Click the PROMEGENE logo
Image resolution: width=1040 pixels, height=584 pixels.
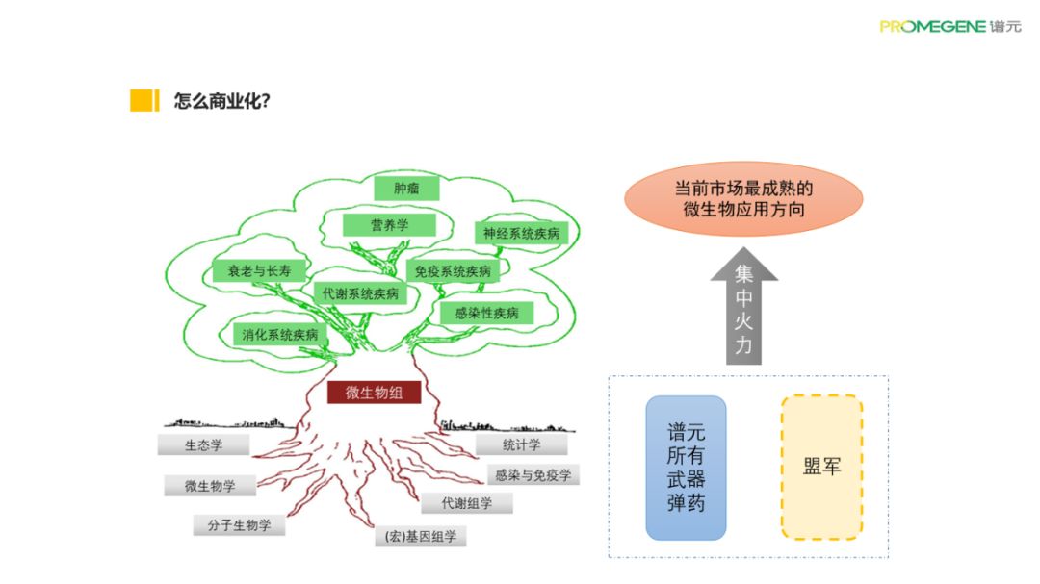(949, 26)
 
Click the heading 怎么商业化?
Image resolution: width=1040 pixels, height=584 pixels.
(221, 101)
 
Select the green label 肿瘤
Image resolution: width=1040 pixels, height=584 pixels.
(406, 188)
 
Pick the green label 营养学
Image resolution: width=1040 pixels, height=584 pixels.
(390, 224)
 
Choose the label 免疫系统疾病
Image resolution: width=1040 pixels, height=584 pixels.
(452, 271)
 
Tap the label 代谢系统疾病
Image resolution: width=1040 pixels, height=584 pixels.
(356, 293)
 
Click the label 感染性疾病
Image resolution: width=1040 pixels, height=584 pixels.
(486, 313)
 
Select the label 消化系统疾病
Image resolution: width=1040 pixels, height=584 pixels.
(280, 335)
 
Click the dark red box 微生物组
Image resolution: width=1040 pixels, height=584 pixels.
(374, 393)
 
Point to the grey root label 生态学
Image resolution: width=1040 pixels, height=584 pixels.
(204, 445)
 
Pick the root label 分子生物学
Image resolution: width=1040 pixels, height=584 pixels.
(239, 525)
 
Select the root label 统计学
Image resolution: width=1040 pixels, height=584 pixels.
(522, 444)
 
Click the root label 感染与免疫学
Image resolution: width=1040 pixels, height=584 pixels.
(533, 474)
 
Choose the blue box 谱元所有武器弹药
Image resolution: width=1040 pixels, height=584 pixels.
(686, 467)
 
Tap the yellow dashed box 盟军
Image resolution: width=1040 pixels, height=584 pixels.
(821, 467)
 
